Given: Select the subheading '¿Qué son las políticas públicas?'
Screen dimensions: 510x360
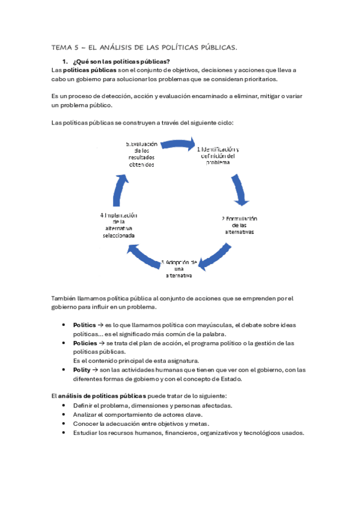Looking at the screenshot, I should point(120,61).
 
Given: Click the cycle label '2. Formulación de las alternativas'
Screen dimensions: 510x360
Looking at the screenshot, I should point(239,225).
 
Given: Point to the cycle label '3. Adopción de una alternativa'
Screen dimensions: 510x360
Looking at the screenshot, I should point(179,269).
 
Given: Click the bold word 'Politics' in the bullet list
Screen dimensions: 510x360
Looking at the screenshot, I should point(84,325).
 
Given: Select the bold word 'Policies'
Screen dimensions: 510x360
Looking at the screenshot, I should point(85,343).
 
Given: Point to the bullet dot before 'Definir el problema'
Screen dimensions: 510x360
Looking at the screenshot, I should point(64,405).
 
